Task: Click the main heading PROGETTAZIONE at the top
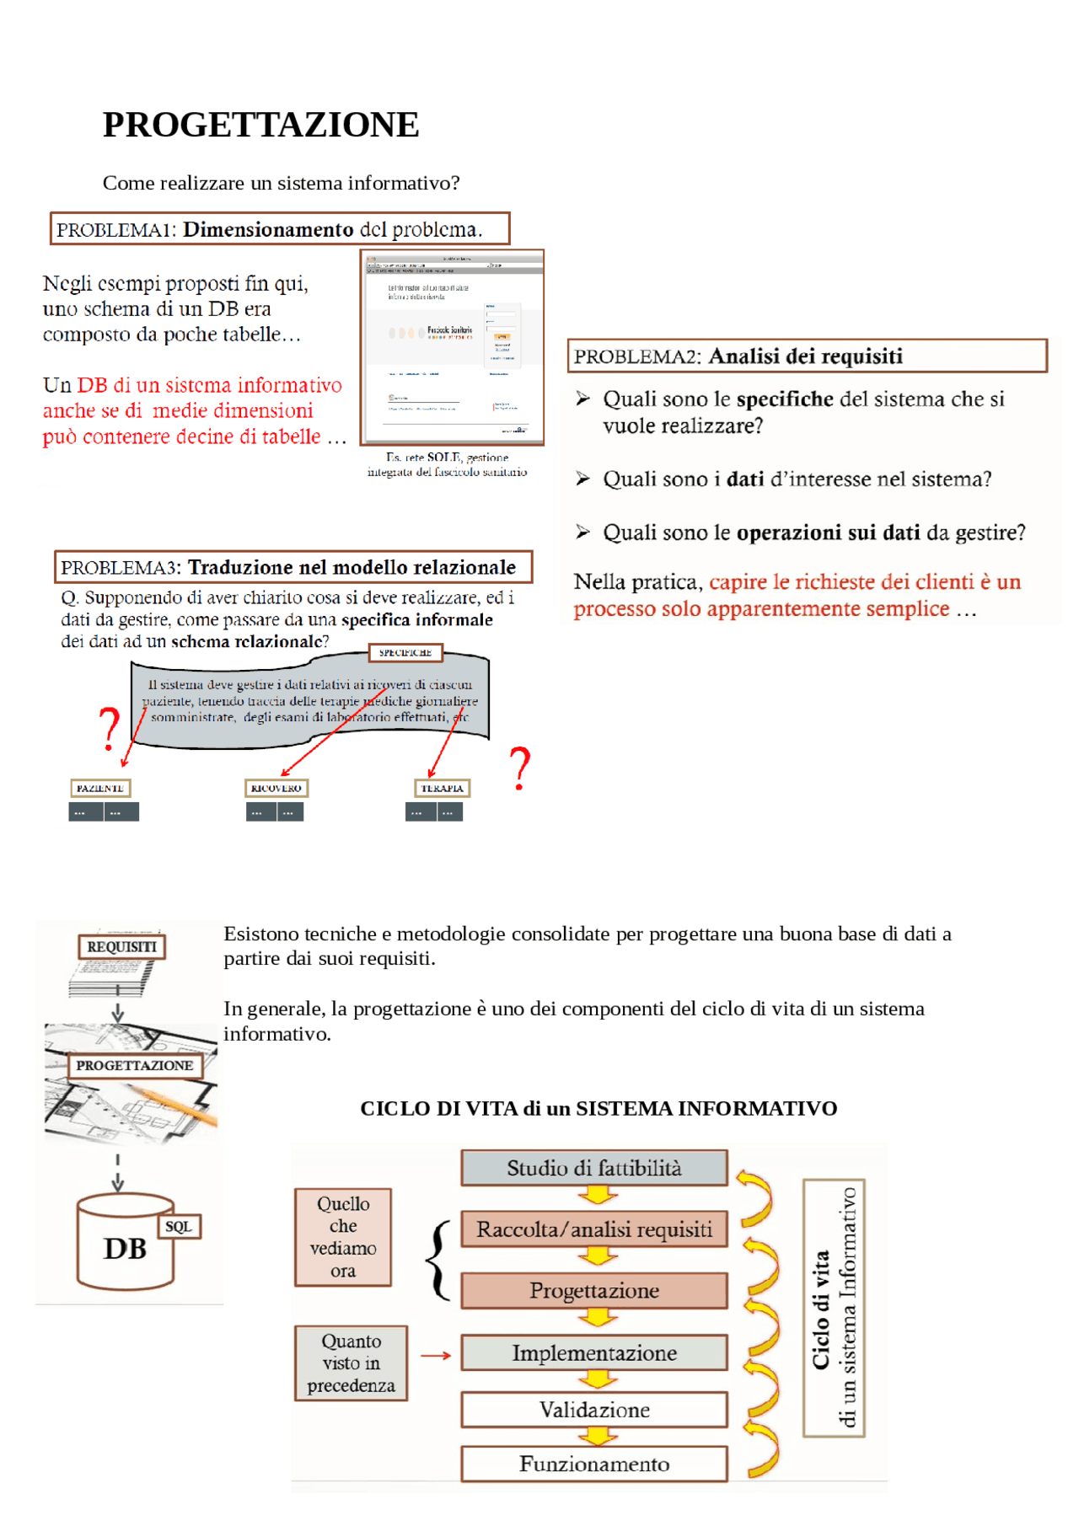260,125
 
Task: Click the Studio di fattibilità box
593,1168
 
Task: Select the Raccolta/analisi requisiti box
593,1229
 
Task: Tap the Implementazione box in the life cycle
593,1352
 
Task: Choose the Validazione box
593,1410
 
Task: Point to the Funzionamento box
593,1464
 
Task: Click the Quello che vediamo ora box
342,1237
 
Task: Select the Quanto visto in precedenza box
351,1363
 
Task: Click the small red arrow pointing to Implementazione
436,1355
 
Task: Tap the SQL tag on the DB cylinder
179,1226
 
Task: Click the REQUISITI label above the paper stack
121,946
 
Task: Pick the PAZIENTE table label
99,788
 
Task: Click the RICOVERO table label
276,788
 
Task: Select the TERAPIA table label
442,788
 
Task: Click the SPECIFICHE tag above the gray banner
405,652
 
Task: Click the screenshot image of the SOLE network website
452,347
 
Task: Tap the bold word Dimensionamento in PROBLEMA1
268,229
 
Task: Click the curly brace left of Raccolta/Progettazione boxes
437,1261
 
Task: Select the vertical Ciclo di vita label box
834,1308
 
